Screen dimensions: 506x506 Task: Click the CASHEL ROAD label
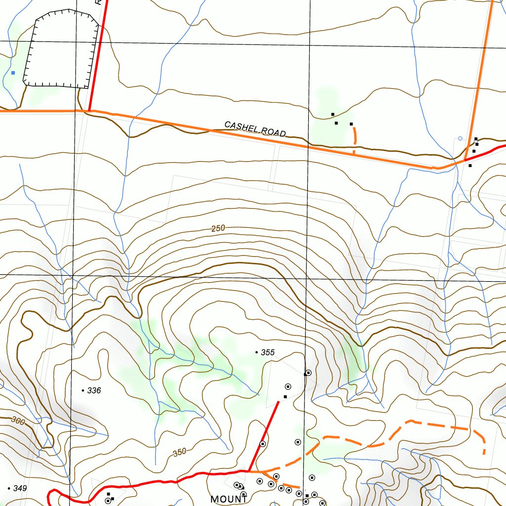[255, 129]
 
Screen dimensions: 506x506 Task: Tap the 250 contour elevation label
[218, 228]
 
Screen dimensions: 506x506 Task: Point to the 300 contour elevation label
[18, 421]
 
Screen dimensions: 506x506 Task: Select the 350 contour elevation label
[180, 452]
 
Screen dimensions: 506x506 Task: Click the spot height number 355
[267, 352]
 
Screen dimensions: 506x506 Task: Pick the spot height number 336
[94, 390]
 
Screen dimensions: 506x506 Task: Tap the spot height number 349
[20, 488]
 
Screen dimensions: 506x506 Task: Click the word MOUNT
[229, 499]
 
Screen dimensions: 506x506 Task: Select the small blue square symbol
[13, 73]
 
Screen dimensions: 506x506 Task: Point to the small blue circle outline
[460, 138]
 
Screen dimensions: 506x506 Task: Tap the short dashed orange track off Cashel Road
[354, 137]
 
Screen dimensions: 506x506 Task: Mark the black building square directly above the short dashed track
[351, 124]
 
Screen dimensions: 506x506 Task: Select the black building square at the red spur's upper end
[285, 396]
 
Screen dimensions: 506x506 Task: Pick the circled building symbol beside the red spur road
[263, 444]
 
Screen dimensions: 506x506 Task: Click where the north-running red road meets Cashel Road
[89, 111]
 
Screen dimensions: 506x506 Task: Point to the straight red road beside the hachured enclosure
[97, 54]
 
